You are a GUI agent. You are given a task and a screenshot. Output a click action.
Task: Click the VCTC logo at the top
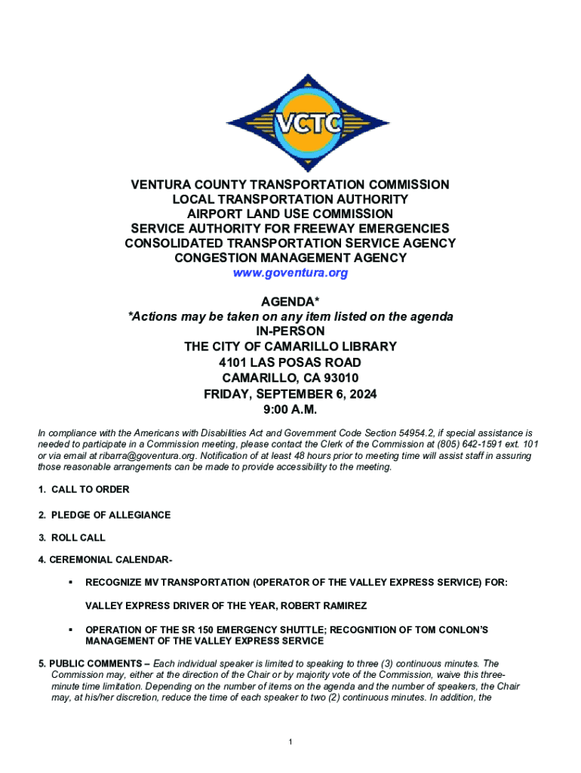pos(290,122)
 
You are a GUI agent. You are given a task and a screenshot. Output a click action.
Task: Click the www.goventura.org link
pos(290,273)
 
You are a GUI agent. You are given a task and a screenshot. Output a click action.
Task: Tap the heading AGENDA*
pos(290,302)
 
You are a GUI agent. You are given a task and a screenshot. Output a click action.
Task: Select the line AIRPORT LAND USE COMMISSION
pos(290,214)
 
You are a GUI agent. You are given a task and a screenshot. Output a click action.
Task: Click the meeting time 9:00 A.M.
pos(290,410)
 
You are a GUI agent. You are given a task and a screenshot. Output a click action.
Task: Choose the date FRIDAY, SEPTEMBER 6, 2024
pos(290,394)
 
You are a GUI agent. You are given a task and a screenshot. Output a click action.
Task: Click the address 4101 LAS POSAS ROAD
pos(290,362)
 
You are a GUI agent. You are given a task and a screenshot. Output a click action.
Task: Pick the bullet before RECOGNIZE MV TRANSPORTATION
pos(69,583)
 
